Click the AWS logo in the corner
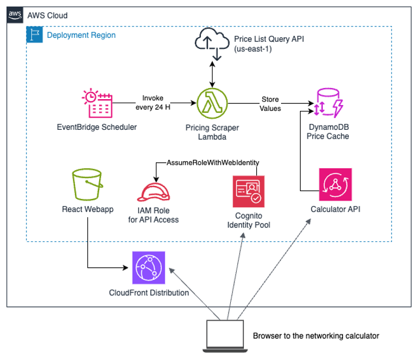[x=16, y=15]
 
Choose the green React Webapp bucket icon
[x=87, y=185]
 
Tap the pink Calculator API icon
[x=335, y=185]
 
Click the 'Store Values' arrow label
[x=270, y=104]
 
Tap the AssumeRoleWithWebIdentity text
[x=213, y=162]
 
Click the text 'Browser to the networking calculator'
[x=315, y=336]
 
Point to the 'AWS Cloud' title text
[x=47, y=15]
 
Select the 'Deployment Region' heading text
[x=81, y=35]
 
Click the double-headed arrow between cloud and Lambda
[x=213, y=74]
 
